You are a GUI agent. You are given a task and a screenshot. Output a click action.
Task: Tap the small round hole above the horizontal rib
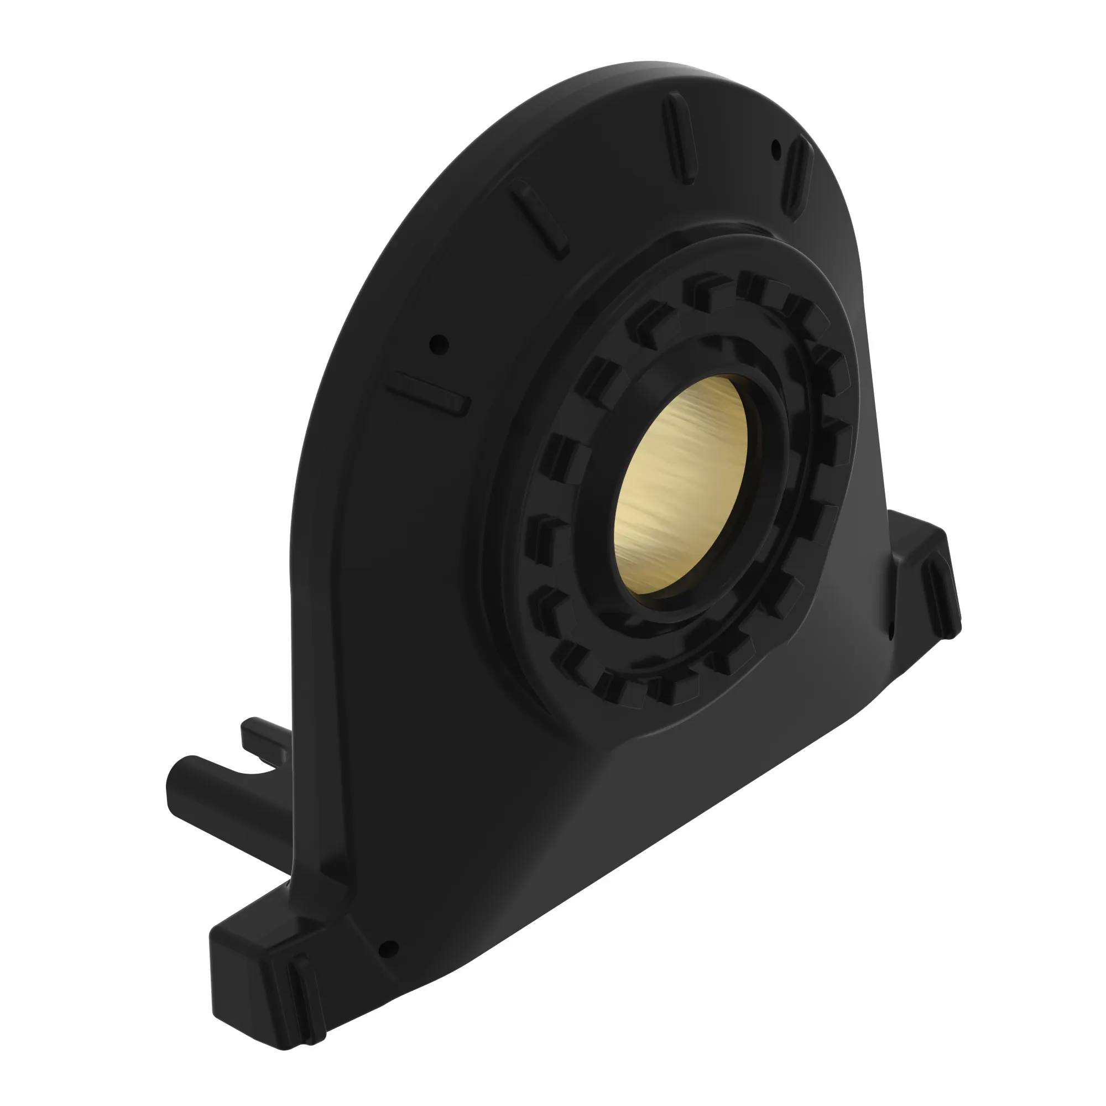[439, 344]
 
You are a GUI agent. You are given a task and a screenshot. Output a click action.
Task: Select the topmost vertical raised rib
[680, 139]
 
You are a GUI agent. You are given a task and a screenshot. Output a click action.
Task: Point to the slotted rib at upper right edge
[796, 176]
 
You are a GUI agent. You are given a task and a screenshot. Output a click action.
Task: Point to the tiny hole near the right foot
[891, 632]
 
